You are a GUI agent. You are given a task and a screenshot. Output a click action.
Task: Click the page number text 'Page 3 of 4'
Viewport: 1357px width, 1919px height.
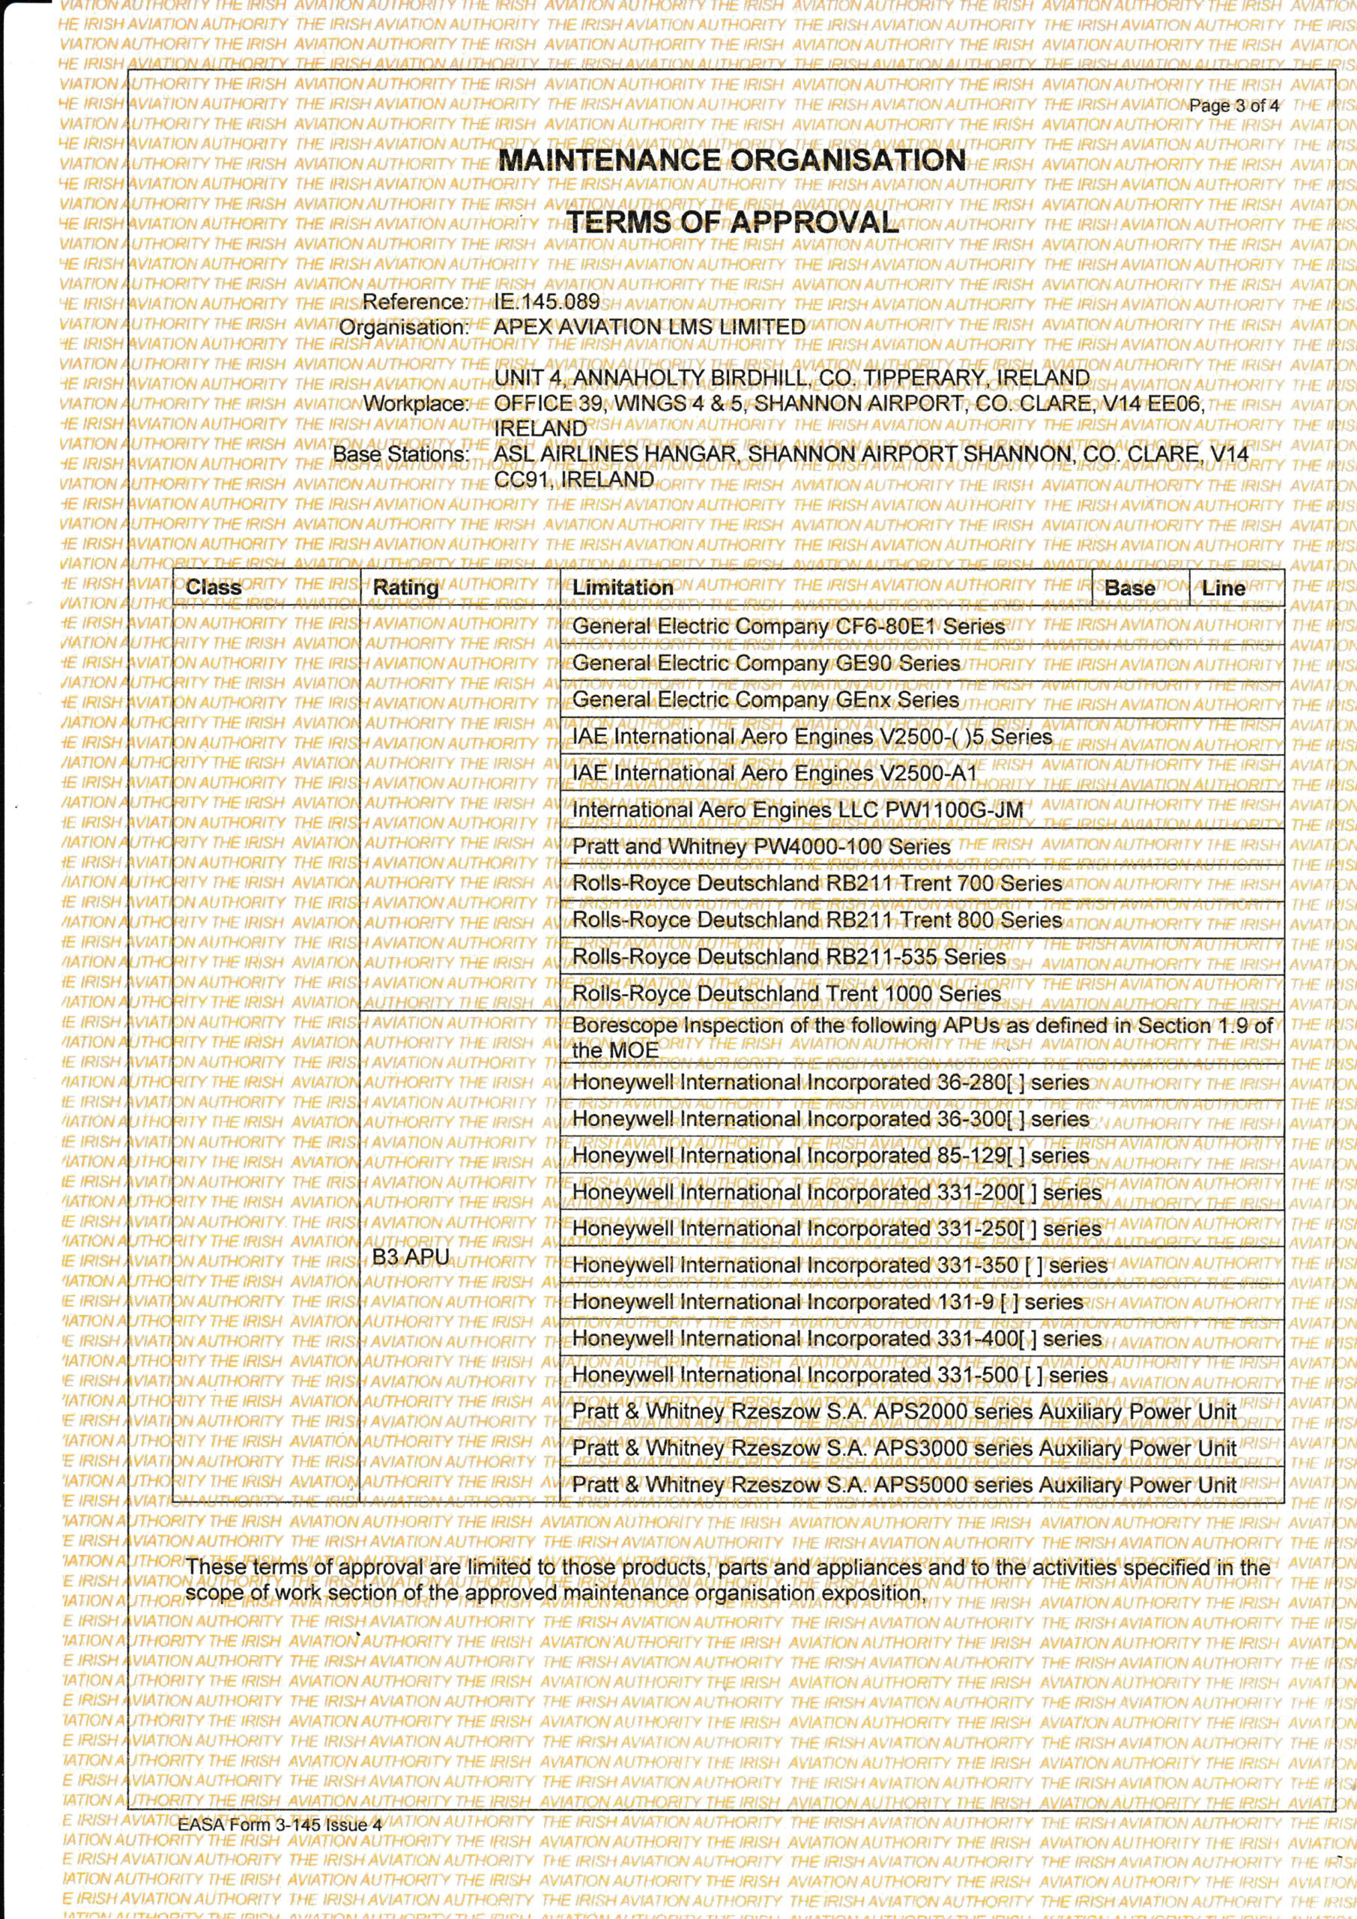click(x=1233, y=106)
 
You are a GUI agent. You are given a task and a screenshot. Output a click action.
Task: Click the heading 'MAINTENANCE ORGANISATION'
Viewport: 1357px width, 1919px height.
click(x=731, y=160)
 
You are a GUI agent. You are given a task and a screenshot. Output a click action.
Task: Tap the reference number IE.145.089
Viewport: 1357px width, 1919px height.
click(x=546, y=302)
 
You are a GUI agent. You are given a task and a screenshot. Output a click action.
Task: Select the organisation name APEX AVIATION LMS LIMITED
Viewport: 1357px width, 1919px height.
click(x=649, y=327)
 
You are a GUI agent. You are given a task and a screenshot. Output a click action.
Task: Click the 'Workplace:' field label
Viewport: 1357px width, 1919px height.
click(x=415, y=404)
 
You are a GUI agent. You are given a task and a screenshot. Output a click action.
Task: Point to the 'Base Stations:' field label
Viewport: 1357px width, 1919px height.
click(x=401, y=455)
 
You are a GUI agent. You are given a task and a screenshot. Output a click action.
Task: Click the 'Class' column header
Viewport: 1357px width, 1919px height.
click(x=213, y=588)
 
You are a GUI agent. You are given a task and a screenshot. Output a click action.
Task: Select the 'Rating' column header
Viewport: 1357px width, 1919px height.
click(x=405, y=588)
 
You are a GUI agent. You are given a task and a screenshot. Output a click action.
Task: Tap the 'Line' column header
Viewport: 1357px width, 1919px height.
click(x=1224, y=588)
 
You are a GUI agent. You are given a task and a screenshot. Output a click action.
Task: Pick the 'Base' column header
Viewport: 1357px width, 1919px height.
click(x=1130, y=588)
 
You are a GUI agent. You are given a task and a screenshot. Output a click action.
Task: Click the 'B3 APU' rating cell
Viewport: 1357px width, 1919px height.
click(x=411, y=1257)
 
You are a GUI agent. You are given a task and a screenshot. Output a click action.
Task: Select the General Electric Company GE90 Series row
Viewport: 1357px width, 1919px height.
click(x=765, y=663)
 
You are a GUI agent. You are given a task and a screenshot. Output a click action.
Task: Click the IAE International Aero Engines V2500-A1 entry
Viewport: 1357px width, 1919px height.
click(x=774, y=774)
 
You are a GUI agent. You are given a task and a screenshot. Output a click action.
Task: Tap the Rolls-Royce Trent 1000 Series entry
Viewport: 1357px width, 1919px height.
click(x=785, y=994)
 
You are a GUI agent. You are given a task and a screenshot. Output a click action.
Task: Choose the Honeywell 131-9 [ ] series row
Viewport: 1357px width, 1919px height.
click(x=827, y=1302)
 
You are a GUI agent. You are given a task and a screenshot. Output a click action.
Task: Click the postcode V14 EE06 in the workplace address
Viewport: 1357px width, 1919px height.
click(x=1155, y=404)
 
